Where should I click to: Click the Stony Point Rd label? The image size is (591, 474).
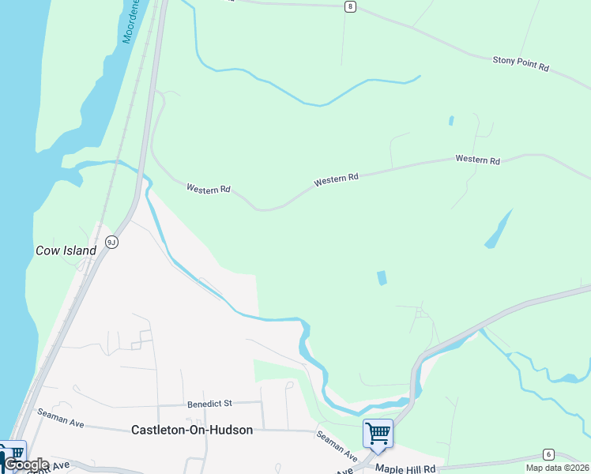click(520, 63)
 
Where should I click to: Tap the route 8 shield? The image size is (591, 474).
click(350, 6)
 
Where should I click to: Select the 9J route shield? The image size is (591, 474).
click(111, 242)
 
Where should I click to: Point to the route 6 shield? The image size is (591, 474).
click(548, 454)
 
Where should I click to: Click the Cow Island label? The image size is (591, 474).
click(66, 250)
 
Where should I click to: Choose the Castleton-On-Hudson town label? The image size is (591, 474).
click(192, 430)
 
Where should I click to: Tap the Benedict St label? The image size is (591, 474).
click(209, 403)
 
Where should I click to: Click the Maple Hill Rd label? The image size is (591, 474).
click(405, 468)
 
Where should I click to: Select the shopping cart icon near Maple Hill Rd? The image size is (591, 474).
click(378, 433)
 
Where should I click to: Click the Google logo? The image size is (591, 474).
click(26, 465)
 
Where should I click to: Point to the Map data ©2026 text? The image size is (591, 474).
click(557, 468)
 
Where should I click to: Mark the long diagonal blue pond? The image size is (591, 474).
click(498, 229)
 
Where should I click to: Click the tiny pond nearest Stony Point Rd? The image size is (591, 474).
click(451, 121)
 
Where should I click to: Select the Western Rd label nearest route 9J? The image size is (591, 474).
click(208, 190)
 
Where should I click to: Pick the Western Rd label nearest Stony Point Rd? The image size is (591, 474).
click(477, 160)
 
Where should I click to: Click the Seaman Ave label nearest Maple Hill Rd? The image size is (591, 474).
click(337, 446)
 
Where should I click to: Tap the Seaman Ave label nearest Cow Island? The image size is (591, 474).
click(60, 418)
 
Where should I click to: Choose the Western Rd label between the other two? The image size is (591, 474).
click(336, 180)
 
